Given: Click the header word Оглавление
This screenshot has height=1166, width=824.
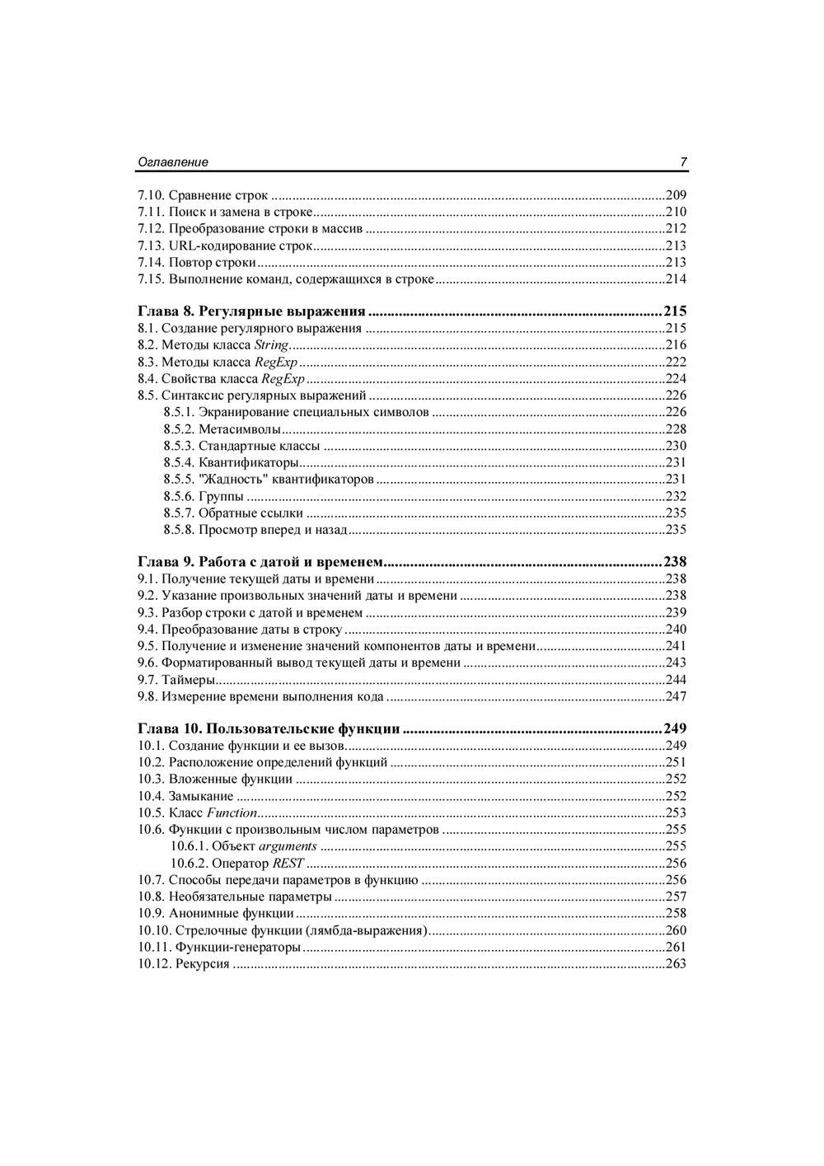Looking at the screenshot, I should click(172, 162).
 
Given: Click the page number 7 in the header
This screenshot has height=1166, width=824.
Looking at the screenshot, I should click(683, 162).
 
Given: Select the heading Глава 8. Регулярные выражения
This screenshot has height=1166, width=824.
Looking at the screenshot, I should click(251, 311).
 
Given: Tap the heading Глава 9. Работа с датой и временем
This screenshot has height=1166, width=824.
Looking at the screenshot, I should click(260, 562).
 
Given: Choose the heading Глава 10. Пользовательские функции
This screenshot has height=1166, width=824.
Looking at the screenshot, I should click(269, 729).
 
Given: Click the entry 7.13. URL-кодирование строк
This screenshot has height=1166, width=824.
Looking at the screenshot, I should click(225, 246).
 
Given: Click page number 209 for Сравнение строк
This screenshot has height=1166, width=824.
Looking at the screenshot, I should click(676, 195).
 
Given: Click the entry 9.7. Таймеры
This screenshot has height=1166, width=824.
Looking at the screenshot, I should click(177, 680).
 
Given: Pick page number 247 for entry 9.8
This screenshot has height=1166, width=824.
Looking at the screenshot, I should click(676, 697).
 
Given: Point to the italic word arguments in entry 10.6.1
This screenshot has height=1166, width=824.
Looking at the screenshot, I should click(288, 846).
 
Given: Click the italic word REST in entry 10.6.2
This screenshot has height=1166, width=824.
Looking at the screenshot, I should click(288, 863).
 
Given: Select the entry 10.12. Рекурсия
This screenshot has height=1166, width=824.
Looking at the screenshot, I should click(184, 964).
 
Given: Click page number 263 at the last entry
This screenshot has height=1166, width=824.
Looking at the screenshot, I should click(676, 964).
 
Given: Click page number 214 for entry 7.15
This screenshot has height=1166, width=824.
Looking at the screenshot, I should click(676, 279).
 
